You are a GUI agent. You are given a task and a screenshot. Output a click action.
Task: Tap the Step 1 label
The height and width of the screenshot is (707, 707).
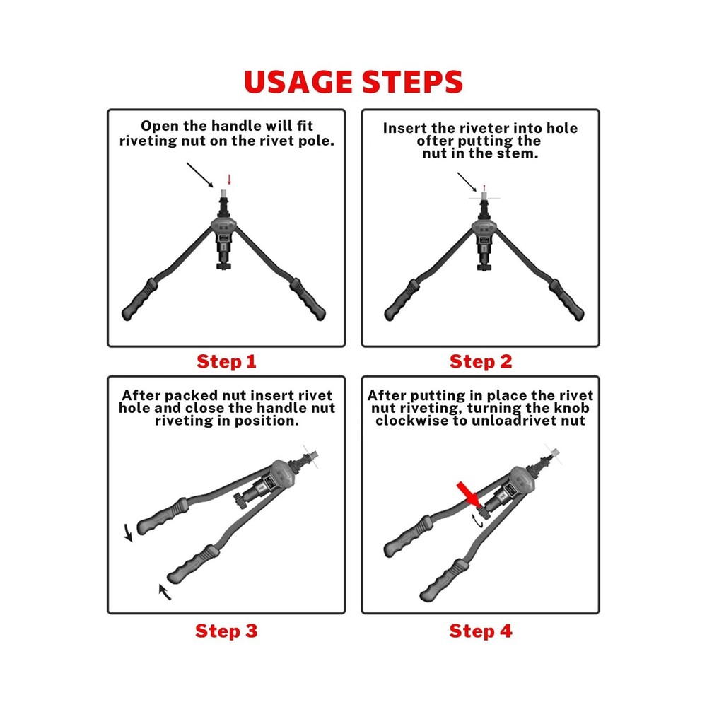click(x=226, y=362)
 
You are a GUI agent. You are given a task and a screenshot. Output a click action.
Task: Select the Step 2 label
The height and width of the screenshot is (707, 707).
click(x=481, y=362)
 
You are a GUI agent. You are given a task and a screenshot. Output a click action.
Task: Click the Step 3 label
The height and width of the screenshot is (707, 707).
click(x=226, y=631)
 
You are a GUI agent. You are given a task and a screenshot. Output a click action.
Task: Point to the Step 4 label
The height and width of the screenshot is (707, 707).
click(x=481, y=631)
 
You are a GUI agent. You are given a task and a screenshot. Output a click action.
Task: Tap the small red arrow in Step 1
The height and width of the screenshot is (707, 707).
click(x=228, y=179)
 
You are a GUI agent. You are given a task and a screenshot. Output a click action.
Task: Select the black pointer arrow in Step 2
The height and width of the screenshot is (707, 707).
click(x=467, y=182)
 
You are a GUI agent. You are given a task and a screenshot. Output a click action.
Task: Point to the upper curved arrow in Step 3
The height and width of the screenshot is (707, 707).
click(x=129, y=532)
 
